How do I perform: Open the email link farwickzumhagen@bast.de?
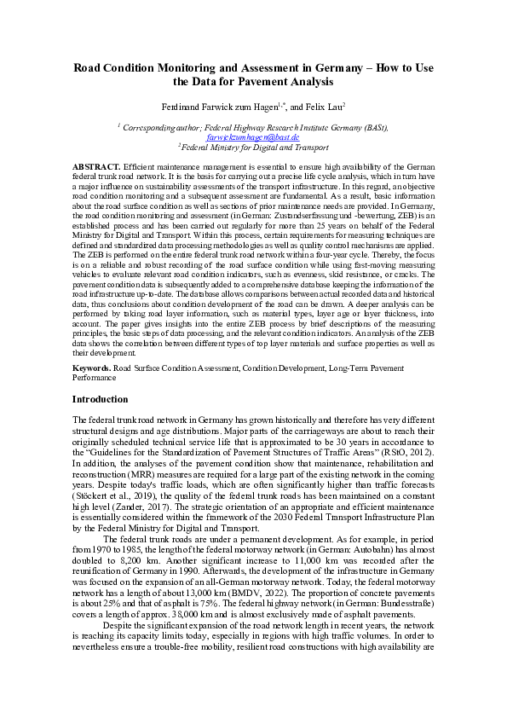click(253, 136)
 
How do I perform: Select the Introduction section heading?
click(101, 399)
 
